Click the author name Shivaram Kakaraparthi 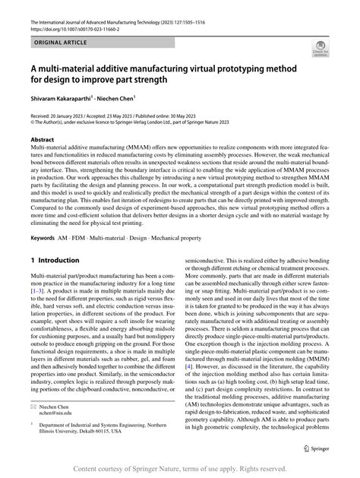click(59, 98)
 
